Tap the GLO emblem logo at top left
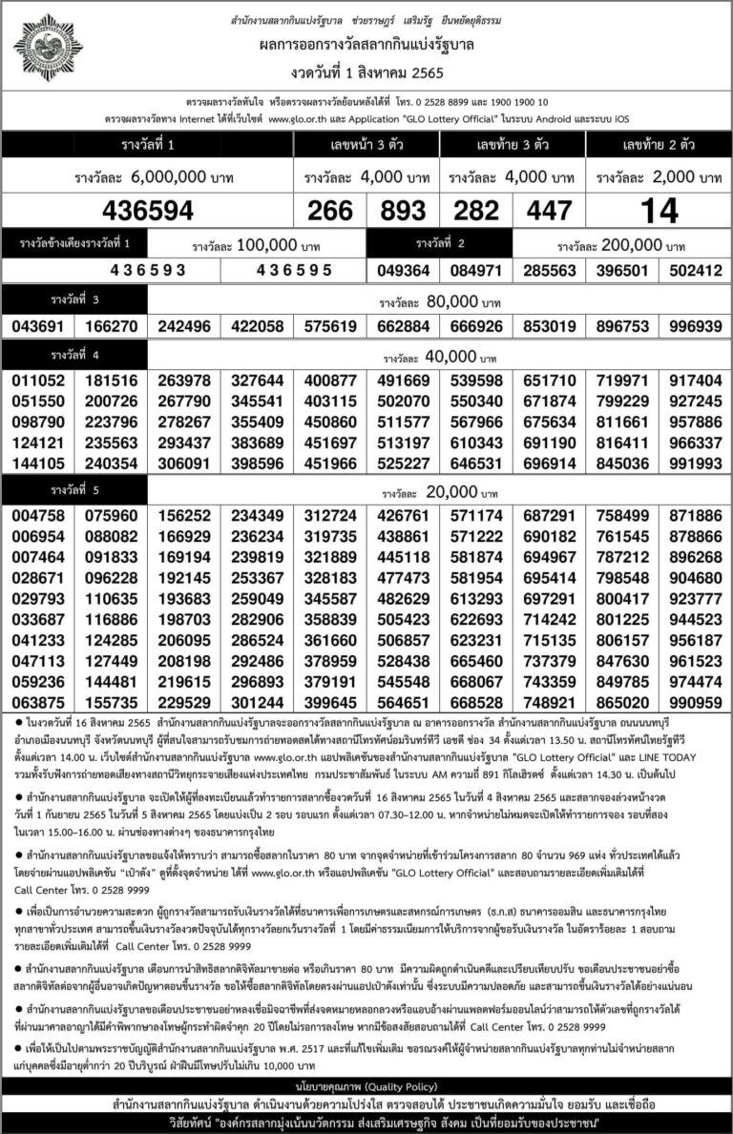tap(47, 48)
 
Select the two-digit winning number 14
tap(659, 211)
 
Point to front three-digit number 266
tap(330, 211)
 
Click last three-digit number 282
tap(476, 211)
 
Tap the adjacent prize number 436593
tap(148, 270)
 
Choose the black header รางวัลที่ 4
tap(76, 356)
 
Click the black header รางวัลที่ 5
tap(76, 493)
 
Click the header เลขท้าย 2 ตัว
tap(659, 144)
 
